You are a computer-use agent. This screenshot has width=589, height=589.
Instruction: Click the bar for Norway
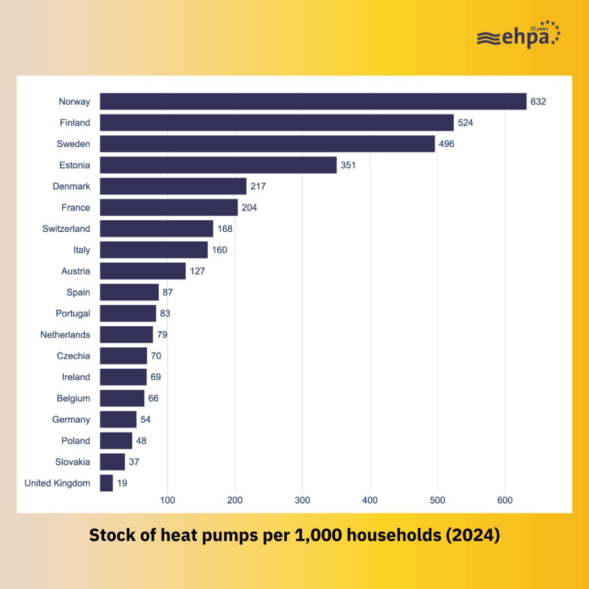[313, 101]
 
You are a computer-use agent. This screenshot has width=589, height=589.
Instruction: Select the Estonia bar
[218, 165]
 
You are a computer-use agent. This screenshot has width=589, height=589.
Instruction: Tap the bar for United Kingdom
[106, 483]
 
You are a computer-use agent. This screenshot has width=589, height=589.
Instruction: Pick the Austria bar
[143, 271]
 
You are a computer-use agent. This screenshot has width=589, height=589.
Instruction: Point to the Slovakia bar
[112, 462]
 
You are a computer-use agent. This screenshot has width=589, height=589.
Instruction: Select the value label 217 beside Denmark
[258, 186]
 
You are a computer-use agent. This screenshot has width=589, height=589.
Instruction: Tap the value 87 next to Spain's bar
[167, 292]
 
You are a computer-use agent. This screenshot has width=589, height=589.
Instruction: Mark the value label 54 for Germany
[146, 419]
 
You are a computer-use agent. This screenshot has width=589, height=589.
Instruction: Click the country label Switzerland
[66, 229]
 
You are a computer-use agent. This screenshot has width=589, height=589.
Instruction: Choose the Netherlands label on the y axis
[65, 335]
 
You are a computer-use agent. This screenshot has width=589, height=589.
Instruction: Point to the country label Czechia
[73, 356]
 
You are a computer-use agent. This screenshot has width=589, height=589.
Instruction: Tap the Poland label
[76, 441]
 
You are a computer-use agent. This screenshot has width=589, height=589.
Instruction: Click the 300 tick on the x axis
[303, 500]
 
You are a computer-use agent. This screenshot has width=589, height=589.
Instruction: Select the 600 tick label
[504, 500]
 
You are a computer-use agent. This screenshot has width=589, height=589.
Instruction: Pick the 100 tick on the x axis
[167, 500]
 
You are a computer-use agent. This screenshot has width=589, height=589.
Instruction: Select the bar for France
[169, 208]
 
